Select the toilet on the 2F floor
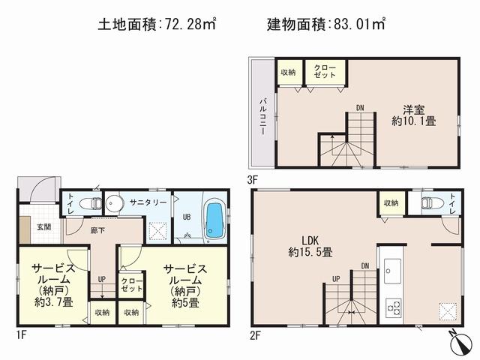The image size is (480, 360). coord(431,203)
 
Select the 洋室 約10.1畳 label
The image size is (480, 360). coord(413,114)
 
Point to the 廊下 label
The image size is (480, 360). coord(97,232)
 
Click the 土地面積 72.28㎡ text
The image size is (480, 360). coord(157,25)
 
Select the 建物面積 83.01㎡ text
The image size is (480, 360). coord(326,25)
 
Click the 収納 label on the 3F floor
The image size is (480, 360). coord(288,72)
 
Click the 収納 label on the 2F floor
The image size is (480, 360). coord(391,203)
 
